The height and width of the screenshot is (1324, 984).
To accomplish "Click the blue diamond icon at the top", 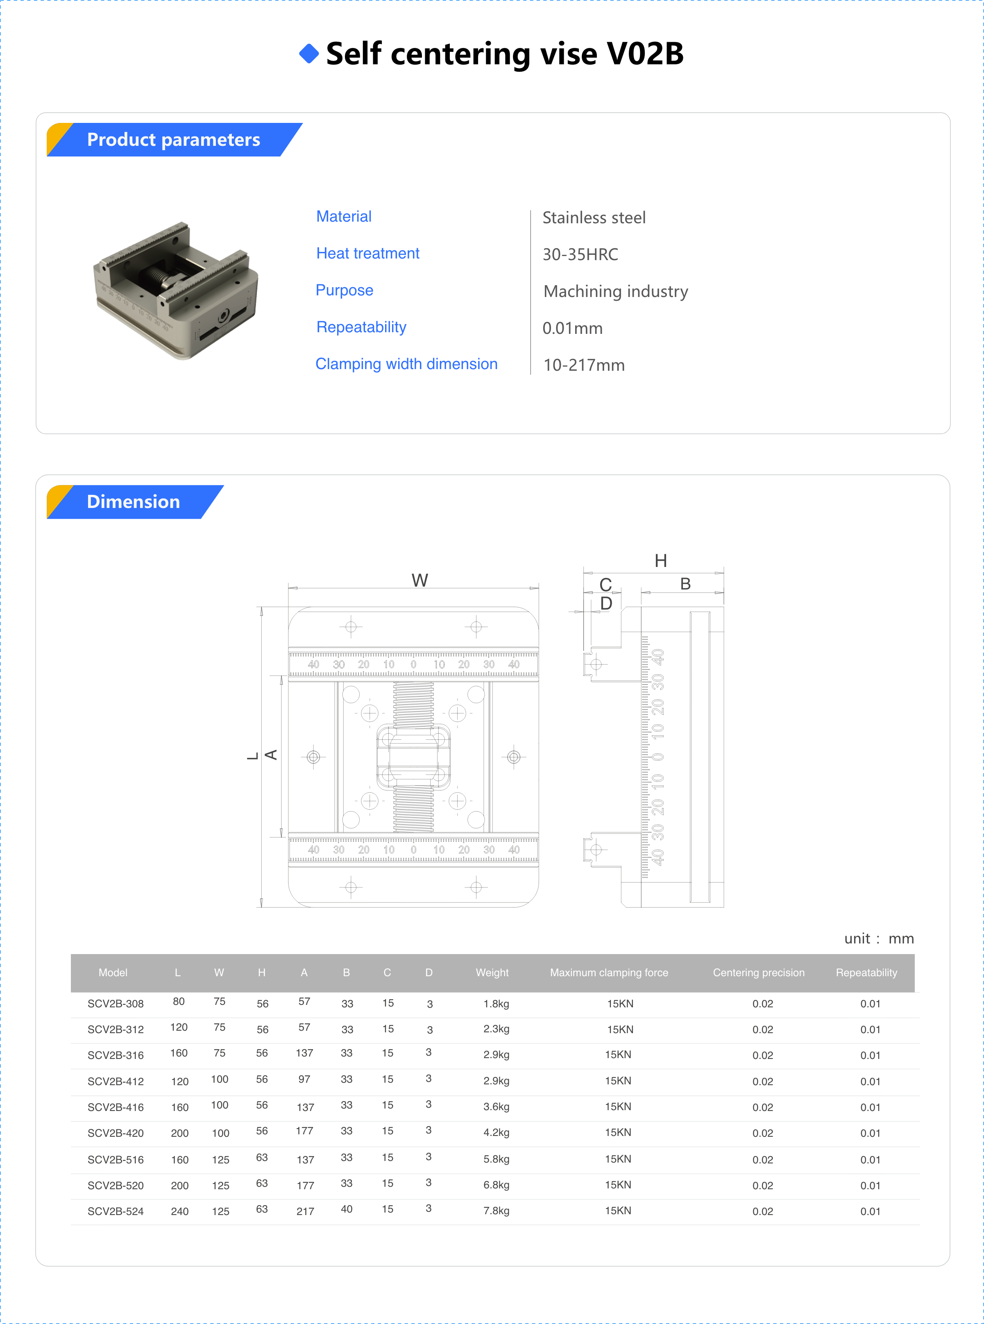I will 308,54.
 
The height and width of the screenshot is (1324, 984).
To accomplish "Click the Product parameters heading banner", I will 173,139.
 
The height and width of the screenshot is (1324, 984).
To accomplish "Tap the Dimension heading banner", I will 134,501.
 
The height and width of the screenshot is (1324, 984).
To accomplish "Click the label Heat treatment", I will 367,253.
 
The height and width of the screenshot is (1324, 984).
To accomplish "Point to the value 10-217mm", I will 584,365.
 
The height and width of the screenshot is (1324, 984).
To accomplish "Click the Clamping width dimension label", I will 406,364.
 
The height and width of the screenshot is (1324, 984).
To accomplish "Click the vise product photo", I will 176,290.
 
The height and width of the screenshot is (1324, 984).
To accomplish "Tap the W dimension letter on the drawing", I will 419,580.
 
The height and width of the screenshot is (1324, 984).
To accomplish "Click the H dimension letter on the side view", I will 660,560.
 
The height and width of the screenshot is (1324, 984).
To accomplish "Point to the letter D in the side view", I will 606,603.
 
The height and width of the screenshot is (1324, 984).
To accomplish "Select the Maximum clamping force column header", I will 609,973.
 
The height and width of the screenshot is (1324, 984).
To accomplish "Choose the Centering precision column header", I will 758,973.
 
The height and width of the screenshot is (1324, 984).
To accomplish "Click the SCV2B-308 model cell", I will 116,1004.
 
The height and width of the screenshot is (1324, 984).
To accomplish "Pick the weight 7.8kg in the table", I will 496,1211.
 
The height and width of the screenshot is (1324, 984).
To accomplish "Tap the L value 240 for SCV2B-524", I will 179,1211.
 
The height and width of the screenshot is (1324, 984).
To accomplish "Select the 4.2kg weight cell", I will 496,1133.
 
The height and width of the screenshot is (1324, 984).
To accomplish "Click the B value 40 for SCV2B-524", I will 346,1209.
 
